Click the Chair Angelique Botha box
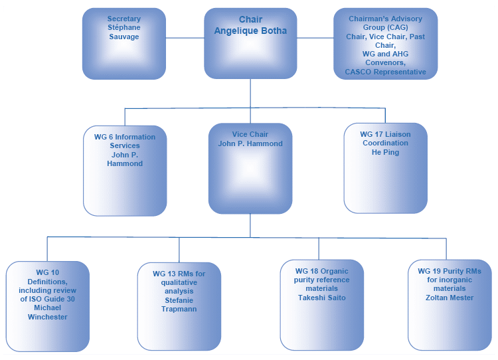(x=250, y=43)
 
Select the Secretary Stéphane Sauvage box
(x=124, y=44)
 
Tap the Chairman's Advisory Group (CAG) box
(x=385, y=44)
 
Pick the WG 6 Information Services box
(x=125, y=170)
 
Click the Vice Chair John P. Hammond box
(x=250, y=168)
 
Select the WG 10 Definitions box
(x=47, y=306)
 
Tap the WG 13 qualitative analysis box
(x=179, y=306)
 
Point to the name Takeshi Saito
(x=321, y=298)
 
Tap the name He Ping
(x=385, y=152)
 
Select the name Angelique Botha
(x=250, y=31)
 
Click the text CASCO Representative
(x=385, y=72)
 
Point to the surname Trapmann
(x=179, y=309)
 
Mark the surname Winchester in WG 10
(x=47, y=317)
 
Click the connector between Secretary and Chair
(x=185, y=38)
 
